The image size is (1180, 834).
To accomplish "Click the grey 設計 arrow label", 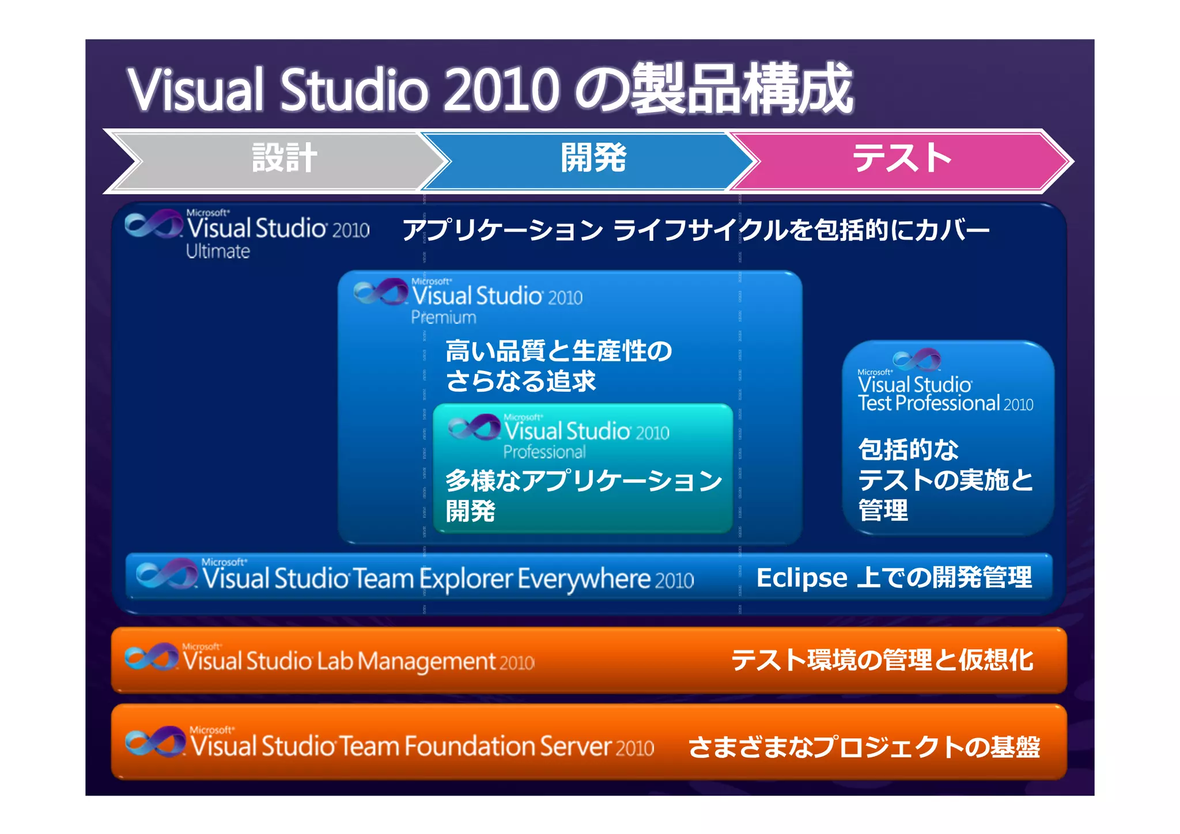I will point(284,158).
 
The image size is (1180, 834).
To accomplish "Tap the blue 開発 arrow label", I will point(593,158).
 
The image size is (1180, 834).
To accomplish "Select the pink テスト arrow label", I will point(902,158).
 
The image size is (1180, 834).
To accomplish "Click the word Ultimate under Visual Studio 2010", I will point(218,252).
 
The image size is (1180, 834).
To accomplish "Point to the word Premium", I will point(444,317).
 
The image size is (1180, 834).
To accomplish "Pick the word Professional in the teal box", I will point(544,452).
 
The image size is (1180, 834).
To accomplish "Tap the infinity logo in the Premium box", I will point(380,292).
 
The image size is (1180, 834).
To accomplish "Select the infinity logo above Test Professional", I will point(917,359).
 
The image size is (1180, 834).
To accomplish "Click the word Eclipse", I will point(801,578).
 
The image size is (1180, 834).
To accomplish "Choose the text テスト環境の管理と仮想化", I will point(882,660).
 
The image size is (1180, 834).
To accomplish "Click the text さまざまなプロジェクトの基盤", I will point(864,747).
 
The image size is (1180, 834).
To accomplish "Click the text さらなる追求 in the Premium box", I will point(520,381).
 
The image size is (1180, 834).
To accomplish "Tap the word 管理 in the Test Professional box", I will point(883,510).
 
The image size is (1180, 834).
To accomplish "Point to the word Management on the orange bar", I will point(426,662).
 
